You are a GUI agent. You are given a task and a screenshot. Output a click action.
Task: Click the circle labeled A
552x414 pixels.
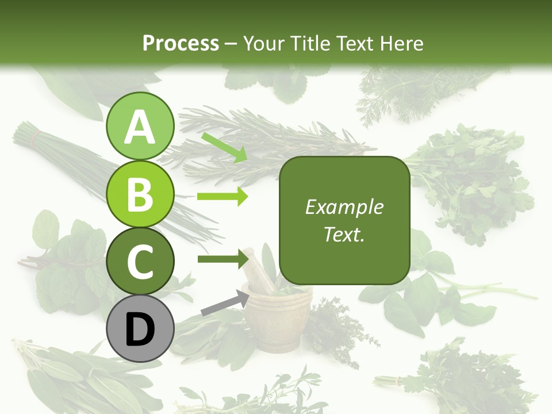pyautogui.click(x=140, y=126)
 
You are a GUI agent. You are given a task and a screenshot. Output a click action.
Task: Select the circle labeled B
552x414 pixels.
pyautogui.click(x=140, y=194)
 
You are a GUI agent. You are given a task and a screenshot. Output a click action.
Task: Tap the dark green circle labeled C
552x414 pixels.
pyautogui.click(x=140, y=261)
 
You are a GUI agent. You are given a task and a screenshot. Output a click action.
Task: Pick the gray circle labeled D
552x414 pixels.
pyautogui.click(x=140, y=329)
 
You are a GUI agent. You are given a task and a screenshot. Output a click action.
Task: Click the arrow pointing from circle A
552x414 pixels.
pyautogui.click(x=224, y=147)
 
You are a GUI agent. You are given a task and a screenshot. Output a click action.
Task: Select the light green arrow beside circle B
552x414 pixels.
pyautogui.click(x=222, y=197)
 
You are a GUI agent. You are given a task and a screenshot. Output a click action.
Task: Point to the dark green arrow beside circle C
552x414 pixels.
pyautogui.click(x=222, y=259)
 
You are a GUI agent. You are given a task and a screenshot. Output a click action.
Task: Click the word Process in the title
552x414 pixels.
pyautogui.click(x=181, y=43)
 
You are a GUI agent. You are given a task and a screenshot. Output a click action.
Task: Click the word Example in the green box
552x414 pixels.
pyautogui.click(x=344, y=207)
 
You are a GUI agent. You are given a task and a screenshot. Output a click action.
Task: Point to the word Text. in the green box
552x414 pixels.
pyautogui.click(x=344, y=234)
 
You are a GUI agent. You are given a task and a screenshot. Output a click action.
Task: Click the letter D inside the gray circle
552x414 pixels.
pyautogui.click(x=140, y=330)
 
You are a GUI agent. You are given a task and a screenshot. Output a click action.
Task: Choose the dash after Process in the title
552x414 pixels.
pyautogui.click(x=231, y=44)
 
